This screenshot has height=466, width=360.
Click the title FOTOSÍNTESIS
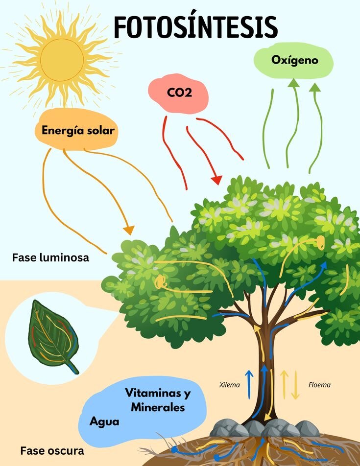pos(195,27)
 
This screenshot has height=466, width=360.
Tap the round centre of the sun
pos(62,60)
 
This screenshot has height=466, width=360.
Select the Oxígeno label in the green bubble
pos(294,60)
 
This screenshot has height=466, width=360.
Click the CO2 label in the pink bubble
pos(179,93)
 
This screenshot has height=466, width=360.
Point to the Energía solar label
pos(78,131)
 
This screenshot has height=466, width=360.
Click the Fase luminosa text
pos(50,257)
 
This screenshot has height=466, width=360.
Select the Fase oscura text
pos(52,451)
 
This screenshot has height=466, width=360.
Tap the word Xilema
pos(230,385)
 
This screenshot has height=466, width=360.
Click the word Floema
pos(319,385)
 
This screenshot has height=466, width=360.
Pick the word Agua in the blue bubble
pos(104,422)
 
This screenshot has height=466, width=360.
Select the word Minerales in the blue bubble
pos(158,407)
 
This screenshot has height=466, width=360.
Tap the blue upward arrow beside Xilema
pos(249,384)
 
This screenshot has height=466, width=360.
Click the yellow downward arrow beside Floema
pos(295,385)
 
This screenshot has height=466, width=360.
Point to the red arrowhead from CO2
pos(216,180)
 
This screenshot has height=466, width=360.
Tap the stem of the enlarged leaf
pos(73,367)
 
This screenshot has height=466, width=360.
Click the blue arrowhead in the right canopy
pos(323,265)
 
